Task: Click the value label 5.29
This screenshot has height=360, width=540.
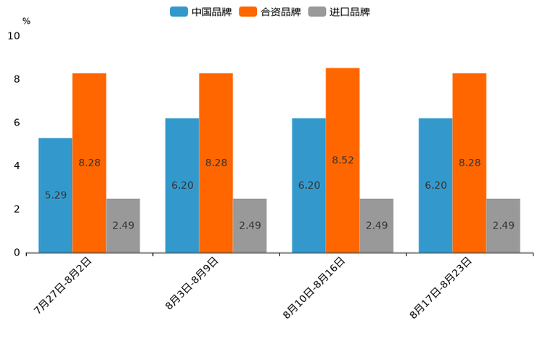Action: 56,195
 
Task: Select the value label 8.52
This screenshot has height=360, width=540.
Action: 343,160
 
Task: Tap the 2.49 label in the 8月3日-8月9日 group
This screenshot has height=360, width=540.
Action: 250,226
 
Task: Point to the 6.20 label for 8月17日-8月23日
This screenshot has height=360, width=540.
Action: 436,186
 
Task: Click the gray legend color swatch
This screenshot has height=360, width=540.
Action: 317,12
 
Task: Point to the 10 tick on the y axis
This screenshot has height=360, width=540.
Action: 14,36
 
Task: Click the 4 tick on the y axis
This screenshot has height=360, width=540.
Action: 17,165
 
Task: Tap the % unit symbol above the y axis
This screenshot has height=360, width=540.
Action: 26,21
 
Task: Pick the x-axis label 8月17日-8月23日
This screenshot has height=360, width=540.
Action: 441,288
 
